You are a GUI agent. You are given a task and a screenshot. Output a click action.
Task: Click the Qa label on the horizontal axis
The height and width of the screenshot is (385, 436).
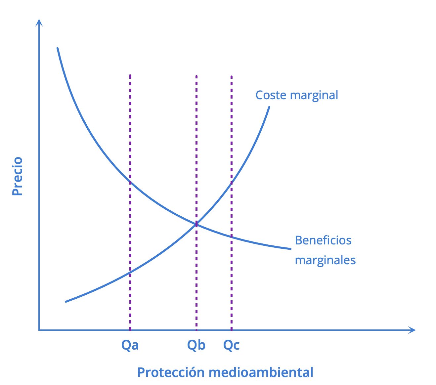point(130,345)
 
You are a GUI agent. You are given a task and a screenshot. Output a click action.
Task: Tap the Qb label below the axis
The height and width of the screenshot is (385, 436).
point(196,345)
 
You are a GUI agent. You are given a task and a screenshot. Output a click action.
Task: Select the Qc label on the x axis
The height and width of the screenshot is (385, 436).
point(231,345)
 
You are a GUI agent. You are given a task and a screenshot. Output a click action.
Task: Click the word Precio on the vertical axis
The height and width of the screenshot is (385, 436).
point(17,176)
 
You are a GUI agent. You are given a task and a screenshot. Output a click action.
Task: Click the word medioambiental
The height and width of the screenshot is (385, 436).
point(261,372)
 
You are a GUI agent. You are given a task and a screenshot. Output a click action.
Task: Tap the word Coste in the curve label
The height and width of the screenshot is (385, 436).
point(271,95)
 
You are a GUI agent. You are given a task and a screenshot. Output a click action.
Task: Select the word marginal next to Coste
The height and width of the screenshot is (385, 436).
point(314,96)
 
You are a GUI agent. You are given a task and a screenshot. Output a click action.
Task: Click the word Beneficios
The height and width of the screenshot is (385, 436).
point(323,240)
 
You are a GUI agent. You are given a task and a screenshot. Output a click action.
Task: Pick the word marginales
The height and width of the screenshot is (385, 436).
point(325,260)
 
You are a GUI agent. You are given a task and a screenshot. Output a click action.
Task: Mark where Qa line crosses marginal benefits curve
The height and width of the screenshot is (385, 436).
point(130,183)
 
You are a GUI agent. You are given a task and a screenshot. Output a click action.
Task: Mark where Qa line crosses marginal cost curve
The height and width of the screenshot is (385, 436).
point(130,273)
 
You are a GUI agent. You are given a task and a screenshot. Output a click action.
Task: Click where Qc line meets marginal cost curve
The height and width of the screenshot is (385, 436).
point(231,183)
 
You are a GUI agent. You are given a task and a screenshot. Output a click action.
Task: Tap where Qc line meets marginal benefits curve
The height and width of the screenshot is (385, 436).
point(231,237)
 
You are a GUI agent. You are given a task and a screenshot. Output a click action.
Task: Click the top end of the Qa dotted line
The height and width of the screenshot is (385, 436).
point(130,75)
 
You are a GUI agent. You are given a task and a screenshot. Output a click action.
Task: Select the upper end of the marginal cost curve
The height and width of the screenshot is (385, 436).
point(269,107)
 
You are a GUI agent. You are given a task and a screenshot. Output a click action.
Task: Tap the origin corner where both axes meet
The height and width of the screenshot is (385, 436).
point(39,330)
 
